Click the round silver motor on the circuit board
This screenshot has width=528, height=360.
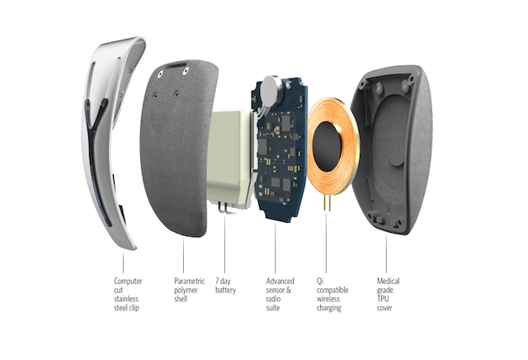(272, 88)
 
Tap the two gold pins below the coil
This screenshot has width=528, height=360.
(328, 202)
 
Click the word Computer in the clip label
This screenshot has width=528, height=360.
(128, 281)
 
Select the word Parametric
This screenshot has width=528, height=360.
(189, 281)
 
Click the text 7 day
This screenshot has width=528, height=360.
(223, 281)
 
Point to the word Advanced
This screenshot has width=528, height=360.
(280, 281)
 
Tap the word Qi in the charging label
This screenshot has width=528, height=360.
(320, 281)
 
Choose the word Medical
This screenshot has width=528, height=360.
(389, 281)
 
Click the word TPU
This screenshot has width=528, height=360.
(383, 299)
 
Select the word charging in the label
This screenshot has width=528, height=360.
(329, 308)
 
